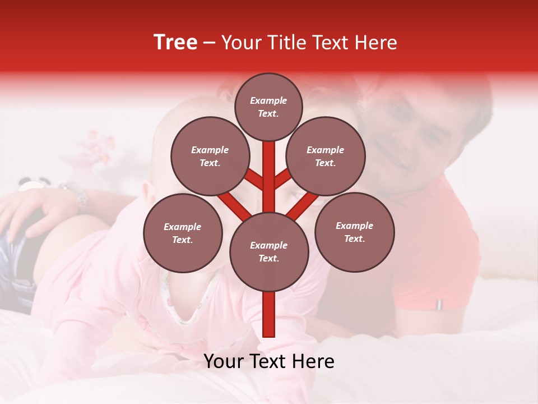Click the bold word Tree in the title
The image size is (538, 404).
tap(175, 43)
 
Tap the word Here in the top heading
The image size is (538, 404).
tap(376, 43)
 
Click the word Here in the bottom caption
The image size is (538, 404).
tap(313, 361)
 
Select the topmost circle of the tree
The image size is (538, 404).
tap(268, 107)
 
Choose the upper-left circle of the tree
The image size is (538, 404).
tap(210, 156)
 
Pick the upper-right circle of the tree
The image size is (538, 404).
tap(326, 156)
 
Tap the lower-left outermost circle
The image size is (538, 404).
tap(183, 233)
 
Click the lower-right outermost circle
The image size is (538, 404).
tap(354, 232)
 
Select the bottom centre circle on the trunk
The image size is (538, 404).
tap(269, 251)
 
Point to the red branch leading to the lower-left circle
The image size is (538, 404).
tap(234, 205)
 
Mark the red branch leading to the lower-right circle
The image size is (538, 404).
tap(303, 205)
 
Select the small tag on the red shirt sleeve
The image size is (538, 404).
tap(439, 304)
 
